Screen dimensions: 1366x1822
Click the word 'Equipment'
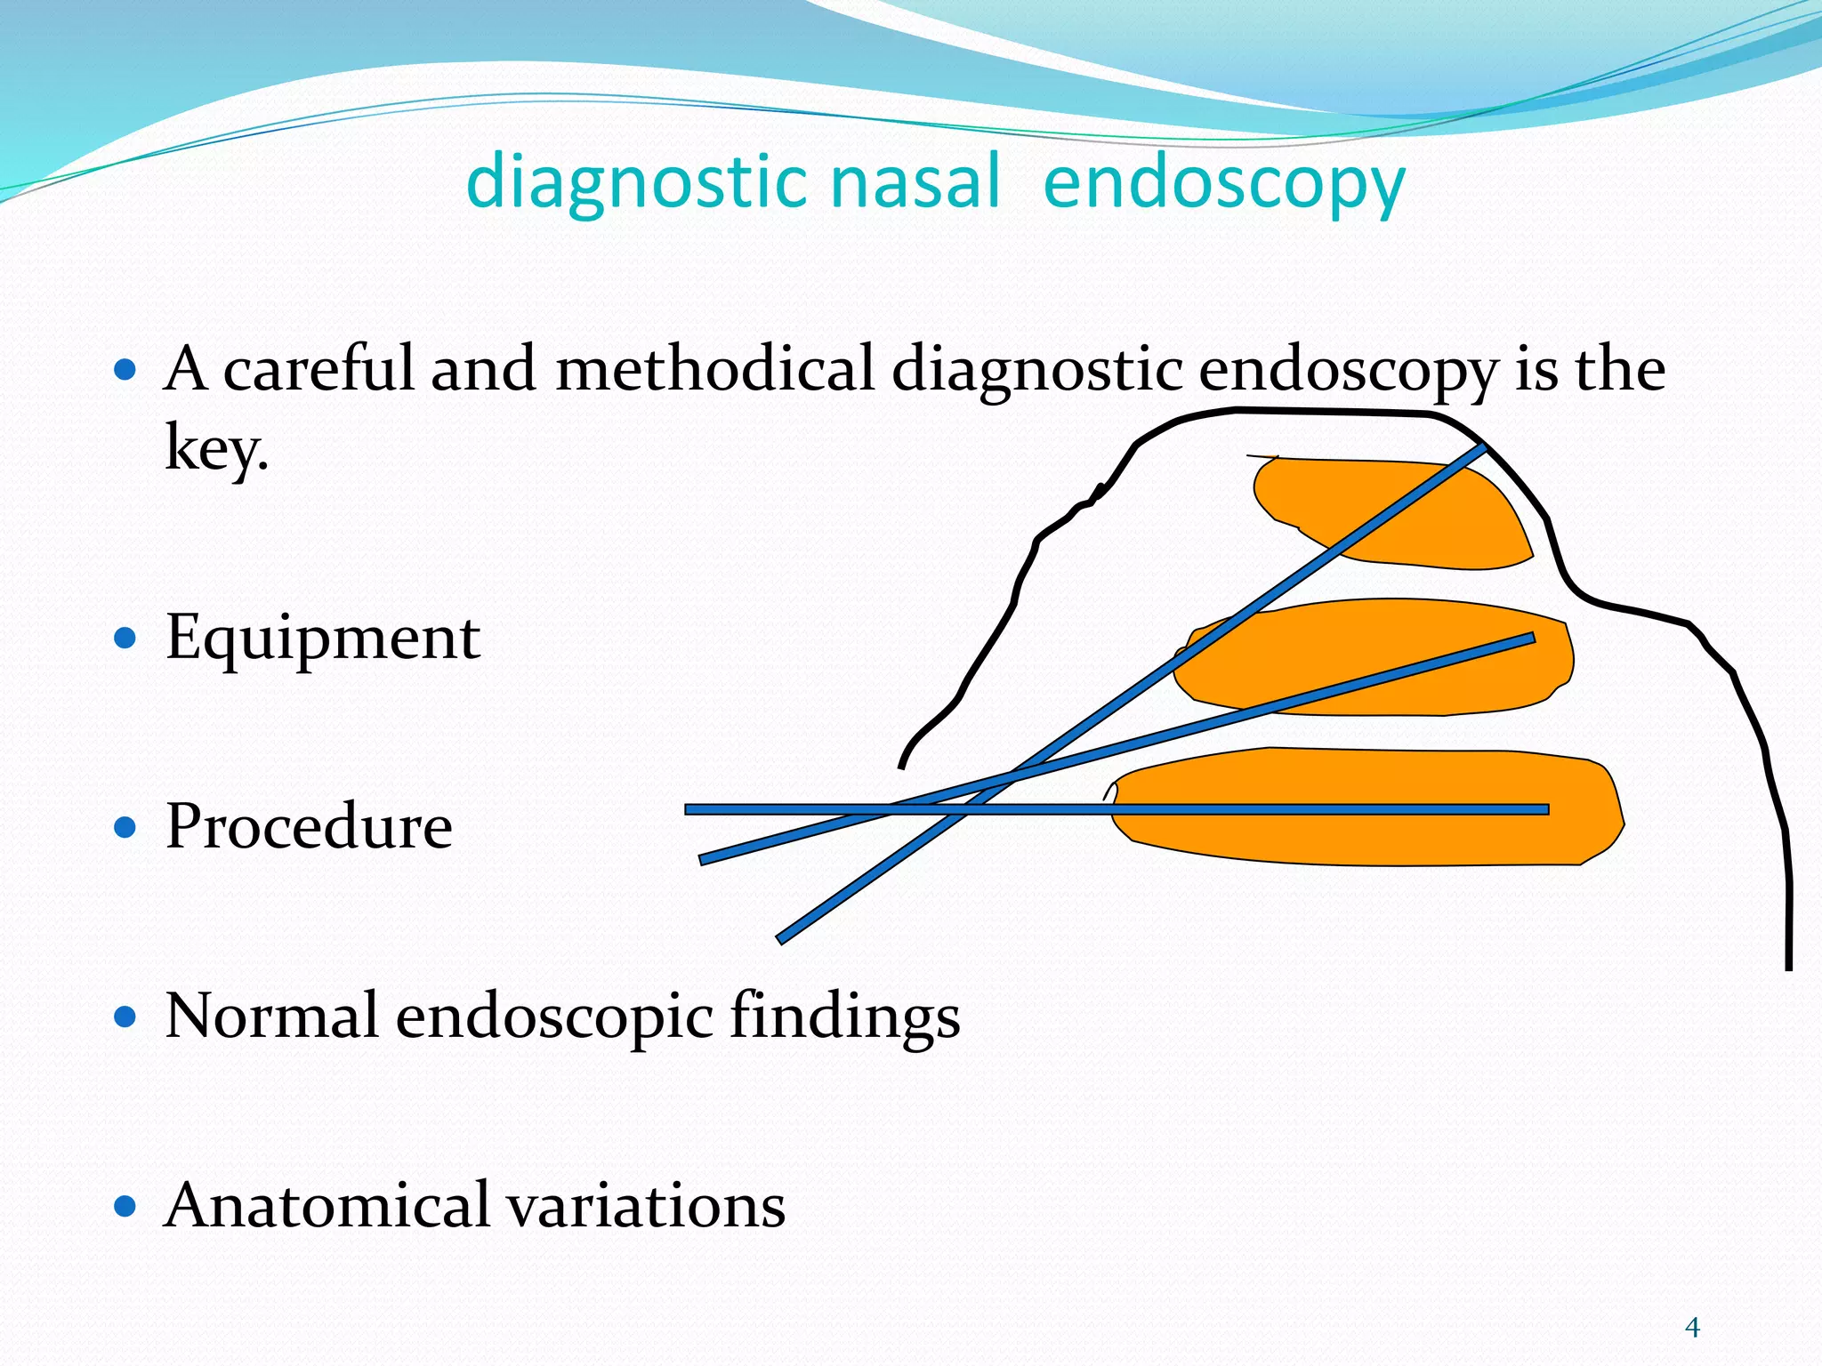click(x=323, y=639)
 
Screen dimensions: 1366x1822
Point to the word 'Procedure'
click(x=309, y=827)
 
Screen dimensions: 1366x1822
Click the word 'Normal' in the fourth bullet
click(x=271, y=1016)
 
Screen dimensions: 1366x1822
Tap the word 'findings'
click(x=844, y=1016)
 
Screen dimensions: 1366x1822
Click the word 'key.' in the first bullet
click(x=216, y=448)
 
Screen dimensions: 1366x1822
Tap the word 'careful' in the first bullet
click(x=318, y=369)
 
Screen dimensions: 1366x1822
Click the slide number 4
click(x=1692, y=1329)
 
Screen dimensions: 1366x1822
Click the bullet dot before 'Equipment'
click(x=125, y=638)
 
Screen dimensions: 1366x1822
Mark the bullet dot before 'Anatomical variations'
click(x=125, y=1206)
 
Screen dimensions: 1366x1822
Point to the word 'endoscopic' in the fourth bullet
click(x=553, y=1016)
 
